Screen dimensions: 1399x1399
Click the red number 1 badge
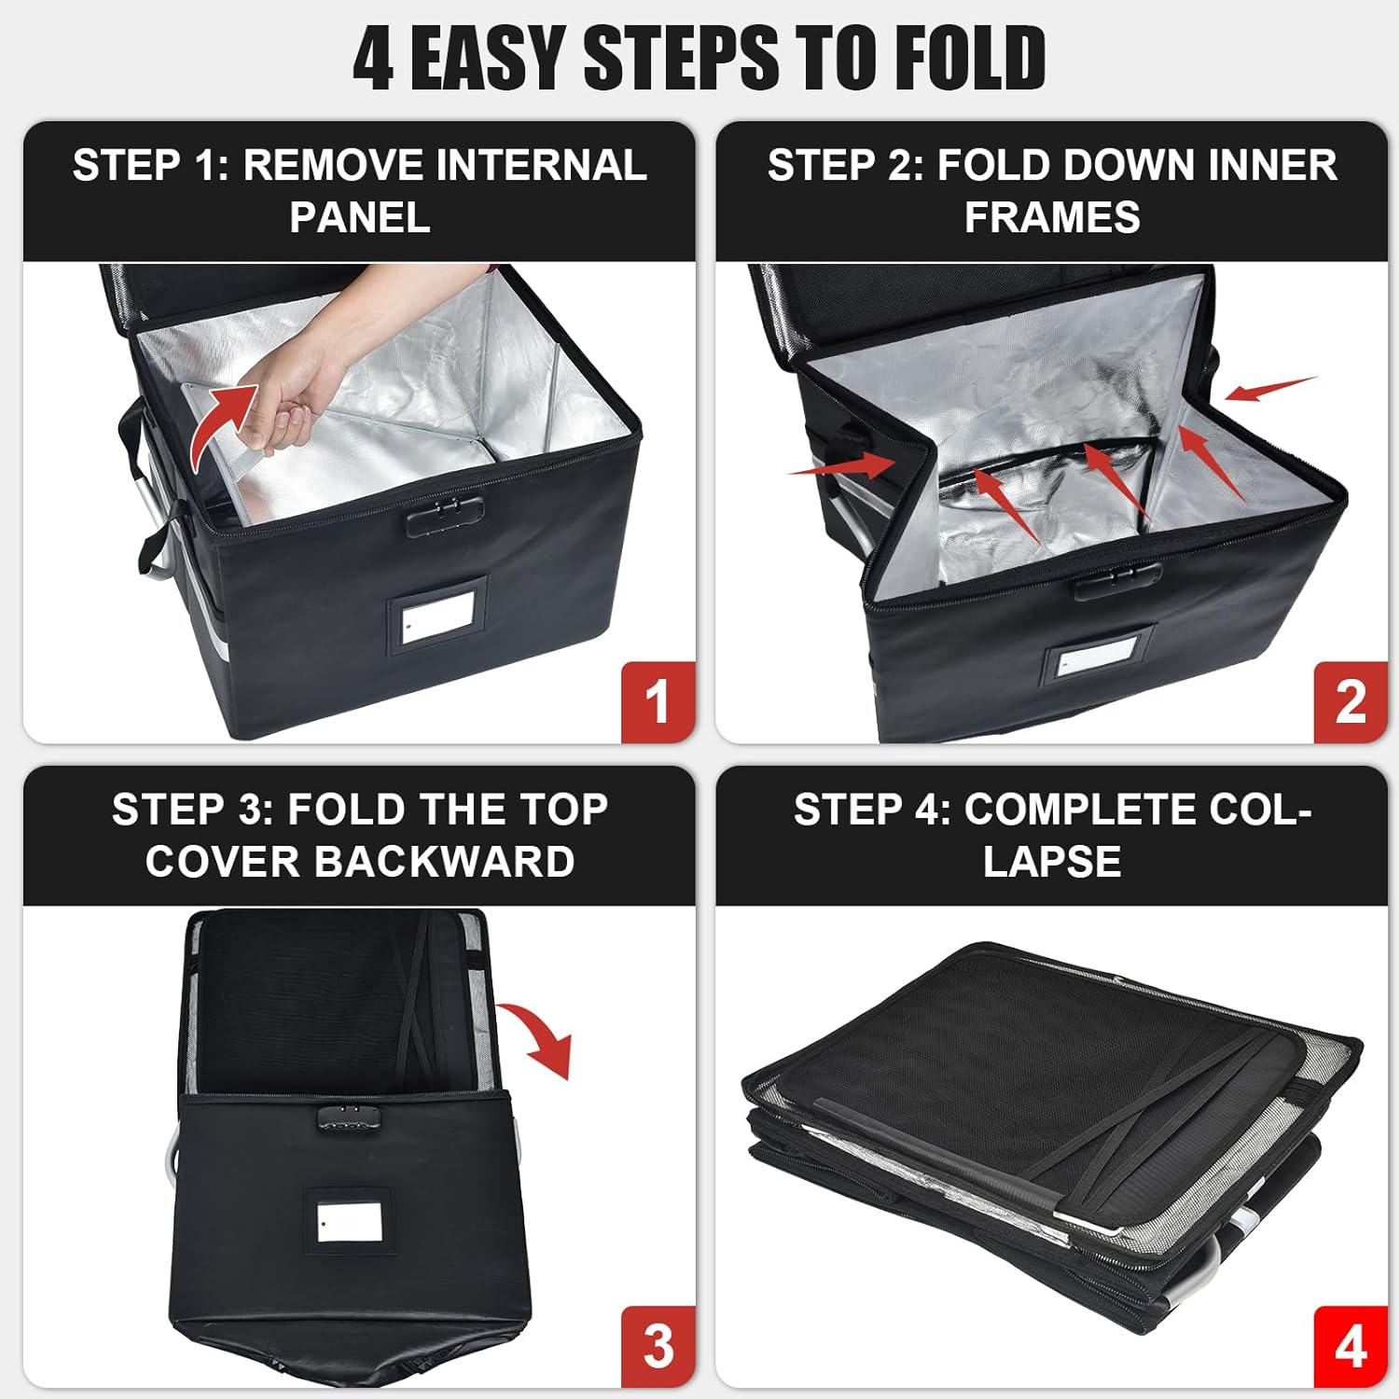[658, 701]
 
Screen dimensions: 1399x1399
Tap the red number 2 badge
[1350, 701]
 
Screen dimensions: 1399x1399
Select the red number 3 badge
[658, 1346]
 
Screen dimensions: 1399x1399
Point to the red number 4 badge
[1350, 1346]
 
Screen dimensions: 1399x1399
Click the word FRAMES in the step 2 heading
[1051, 217]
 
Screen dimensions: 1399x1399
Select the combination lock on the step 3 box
[349, 1119]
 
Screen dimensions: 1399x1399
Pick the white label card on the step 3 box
[349, 1222]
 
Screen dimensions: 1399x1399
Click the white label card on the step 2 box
[1098, 663]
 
